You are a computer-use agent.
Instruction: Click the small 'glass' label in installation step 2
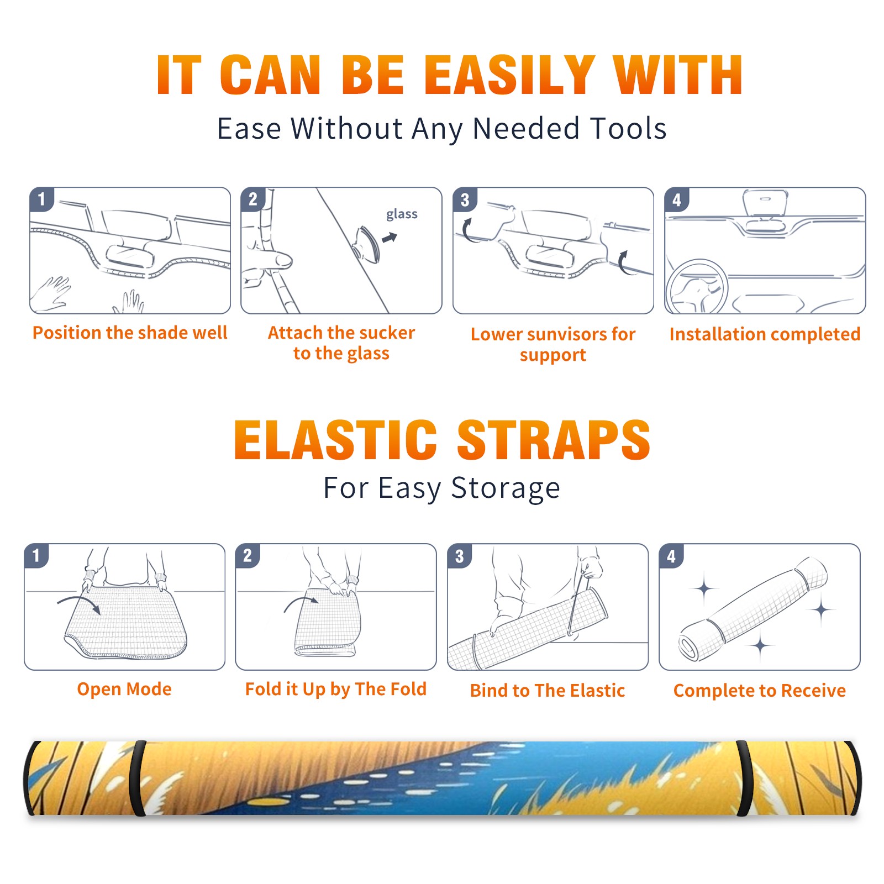pos(402,214)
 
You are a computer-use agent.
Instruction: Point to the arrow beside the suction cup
pos(390,238)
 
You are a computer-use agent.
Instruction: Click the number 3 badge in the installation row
pos(465,199)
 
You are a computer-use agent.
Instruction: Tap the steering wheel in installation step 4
pos(696,287)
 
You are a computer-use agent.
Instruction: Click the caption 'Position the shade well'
pos(130,333)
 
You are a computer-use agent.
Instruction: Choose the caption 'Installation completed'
pos(765,334)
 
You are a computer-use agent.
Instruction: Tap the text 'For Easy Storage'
pos(442,488)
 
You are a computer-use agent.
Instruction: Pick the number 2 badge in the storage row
pos(248,556)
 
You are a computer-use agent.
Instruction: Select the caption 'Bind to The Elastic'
pos(548,691)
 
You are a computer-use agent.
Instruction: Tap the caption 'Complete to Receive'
pos(760,691)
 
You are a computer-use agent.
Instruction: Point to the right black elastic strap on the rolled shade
pos(745,778)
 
